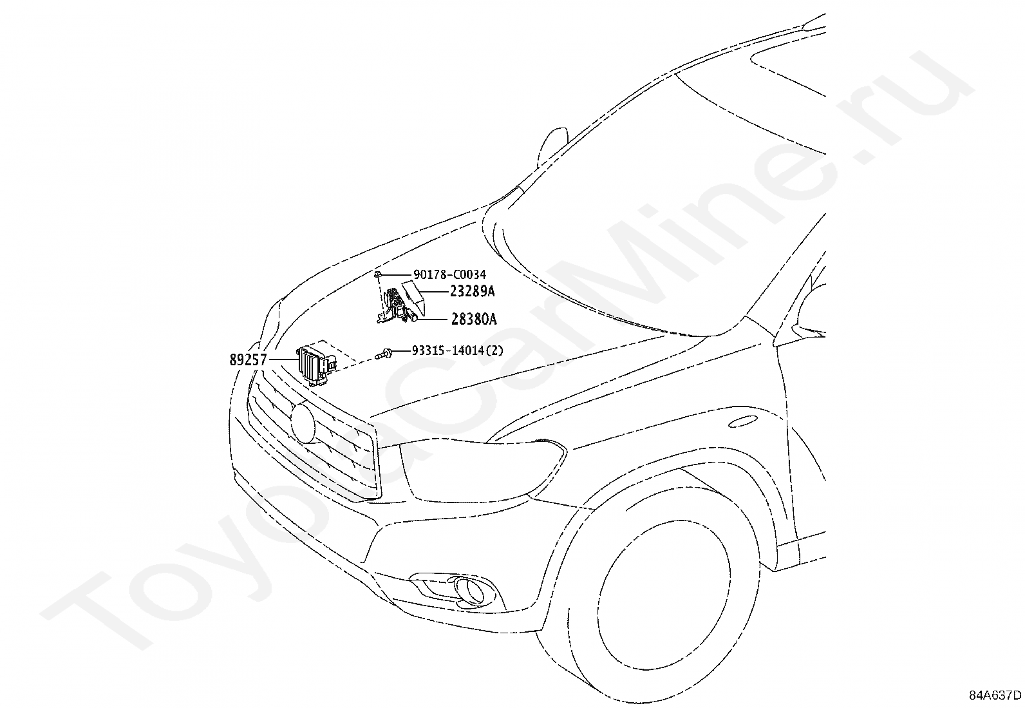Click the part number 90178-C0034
tap(449, 275)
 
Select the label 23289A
tap(472, 291)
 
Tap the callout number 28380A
tap(473, 319)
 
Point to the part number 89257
tap(248, 360)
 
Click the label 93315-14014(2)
tap(458, 351)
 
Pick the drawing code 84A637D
tap(995, 695)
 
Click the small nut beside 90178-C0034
tap(379, 274)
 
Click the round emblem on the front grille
tap(303, 422)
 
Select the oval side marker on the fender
tap(742, 422)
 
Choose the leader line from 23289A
tap(437, 291)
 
